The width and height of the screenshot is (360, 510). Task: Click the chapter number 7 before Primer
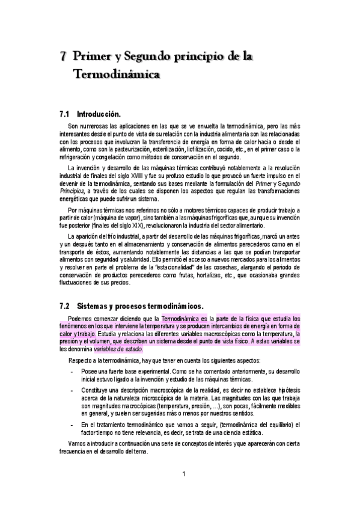(x=63, y=57)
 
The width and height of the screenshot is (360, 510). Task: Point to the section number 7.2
(x=66, y=306)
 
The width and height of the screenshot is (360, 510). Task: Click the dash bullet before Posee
(x=72, y=372)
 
